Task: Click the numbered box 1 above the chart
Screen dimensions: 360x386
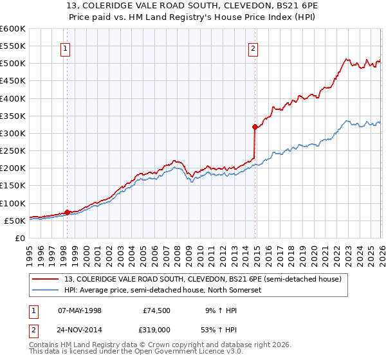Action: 66,48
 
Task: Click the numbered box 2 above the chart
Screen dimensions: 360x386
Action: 253,48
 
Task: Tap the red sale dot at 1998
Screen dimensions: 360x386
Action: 67,212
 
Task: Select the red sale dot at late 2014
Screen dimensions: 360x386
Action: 255,127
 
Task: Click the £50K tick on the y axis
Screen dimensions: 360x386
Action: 15,221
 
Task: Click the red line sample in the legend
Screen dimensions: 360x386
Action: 46,278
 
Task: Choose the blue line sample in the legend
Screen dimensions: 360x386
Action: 46,290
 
